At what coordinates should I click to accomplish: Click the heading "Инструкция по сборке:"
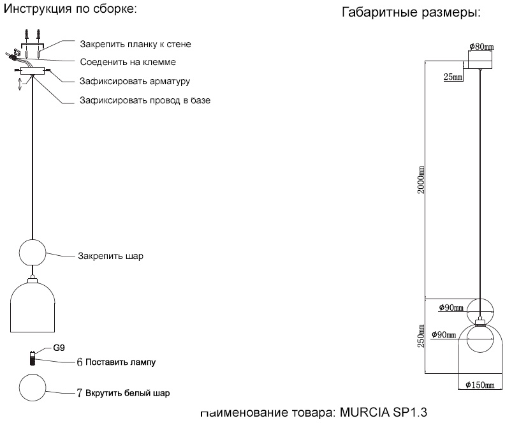(71, 10)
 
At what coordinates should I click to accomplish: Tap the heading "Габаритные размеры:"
(411, 13)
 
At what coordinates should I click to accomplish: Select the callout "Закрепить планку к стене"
(135, 45)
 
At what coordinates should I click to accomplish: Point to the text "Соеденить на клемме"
(128, 63)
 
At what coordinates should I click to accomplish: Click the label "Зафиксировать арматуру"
(135, 82)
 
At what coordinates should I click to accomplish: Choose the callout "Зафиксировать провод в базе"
(145, 100)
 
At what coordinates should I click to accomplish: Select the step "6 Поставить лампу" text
(116, 362)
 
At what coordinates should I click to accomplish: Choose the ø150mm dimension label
(480, 385)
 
